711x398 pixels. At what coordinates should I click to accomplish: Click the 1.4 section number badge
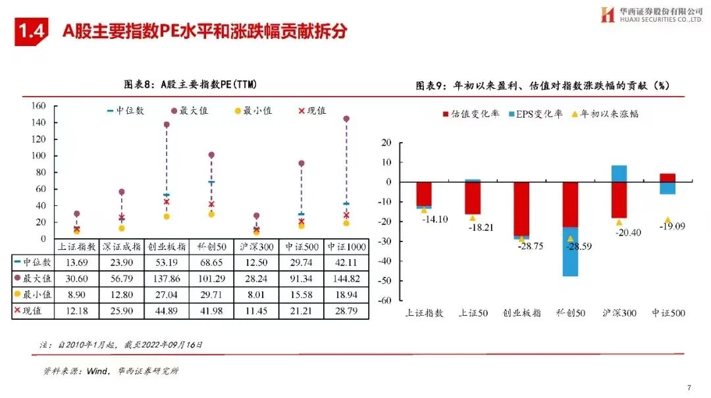click(32, 31)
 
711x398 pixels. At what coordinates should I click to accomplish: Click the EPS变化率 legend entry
click(536, 114)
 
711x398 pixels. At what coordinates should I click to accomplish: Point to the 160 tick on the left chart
click(38, 105)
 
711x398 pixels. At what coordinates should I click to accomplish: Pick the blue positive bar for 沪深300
click(619, 173)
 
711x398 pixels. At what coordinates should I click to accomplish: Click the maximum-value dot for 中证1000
click(346, 119)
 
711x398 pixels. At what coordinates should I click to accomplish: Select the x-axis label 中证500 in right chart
click(668, 313)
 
